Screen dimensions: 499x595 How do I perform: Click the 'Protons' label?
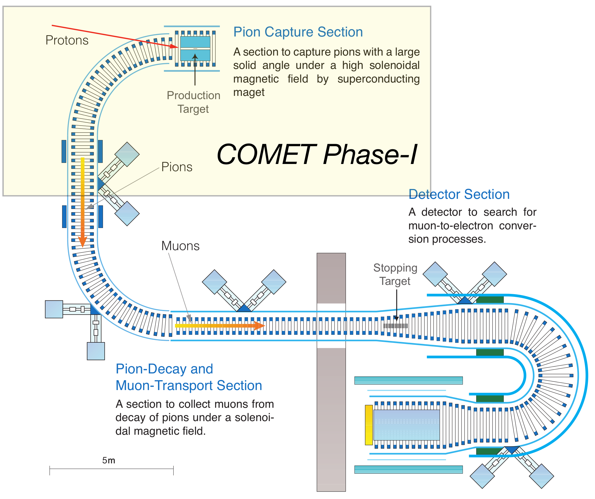pyautogui.click(x=67, y=40)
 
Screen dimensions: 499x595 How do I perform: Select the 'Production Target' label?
pyautogui.click(x=193, y=102)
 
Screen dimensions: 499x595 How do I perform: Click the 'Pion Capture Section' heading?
pyautogui.click(x=298, y=32)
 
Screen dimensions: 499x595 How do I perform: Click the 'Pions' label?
pyautogui.click(x=177, y=167)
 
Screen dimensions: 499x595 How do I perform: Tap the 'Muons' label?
pyautogui.click(x=180, y=246)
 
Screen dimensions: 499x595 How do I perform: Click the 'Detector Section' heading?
pyautogui.click(x=459, y=194)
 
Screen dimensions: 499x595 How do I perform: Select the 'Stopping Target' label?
pyautogui.click(x=395, y=274)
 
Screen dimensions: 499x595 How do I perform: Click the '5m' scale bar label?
pyautogui.click(x=108, y=461)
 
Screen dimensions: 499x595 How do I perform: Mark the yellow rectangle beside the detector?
pyautogui.click(x=369, y=425)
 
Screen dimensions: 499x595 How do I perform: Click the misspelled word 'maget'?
pyautogui.click(x=249, y=92)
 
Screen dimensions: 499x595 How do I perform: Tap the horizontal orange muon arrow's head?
pyautogui.click(x=260, y=326)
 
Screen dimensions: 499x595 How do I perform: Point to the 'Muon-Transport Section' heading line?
pyautogui.click(x=189, y=385)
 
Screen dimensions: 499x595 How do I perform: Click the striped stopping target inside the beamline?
pyautogui.click(x=396, y=326)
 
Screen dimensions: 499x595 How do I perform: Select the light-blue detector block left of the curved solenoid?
pyautogui.click(x=406, y=425)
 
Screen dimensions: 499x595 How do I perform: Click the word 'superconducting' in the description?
pyautogui.click(x=378, y=79)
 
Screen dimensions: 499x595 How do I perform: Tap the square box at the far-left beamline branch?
pyautogui.click(x=54, y=309)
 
